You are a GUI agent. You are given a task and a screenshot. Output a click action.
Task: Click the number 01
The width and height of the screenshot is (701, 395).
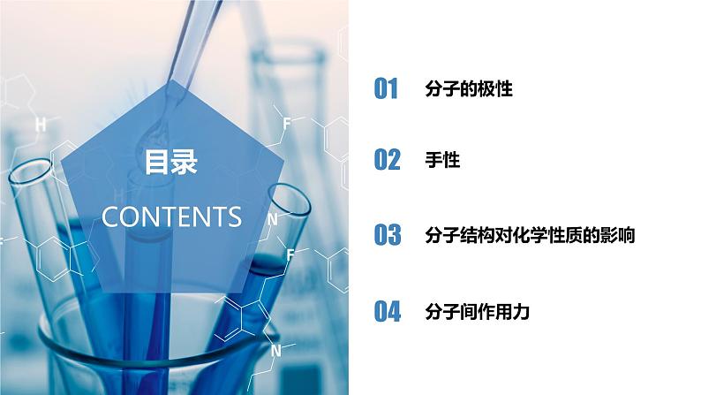(x=387, y=89)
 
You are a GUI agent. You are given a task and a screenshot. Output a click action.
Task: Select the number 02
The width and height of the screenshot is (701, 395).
(x=387, y=160)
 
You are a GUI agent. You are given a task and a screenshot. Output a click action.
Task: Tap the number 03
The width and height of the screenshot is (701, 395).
(x=387, y=235)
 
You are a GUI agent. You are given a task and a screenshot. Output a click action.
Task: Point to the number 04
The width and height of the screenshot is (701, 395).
(x=387, y=311)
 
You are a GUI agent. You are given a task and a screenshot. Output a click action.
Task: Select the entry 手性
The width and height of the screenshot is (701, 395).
(x=441, y=160)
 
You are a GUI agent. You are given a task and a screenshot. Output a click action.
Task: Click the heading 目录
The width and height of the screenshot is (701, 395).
(x=171, y=163)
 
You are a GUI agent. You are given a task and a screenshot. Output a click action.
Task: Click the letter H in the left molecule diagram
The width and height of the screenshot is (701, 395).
(x=40, y=125)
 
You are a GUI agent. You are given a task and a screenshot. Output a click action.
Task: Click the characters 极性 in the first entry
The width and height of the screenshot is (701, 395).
(x=494, y=89)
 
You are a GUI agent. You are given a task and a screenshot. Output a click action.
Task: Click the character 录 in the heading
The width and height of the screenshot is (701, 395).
(x=185, y=163)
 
